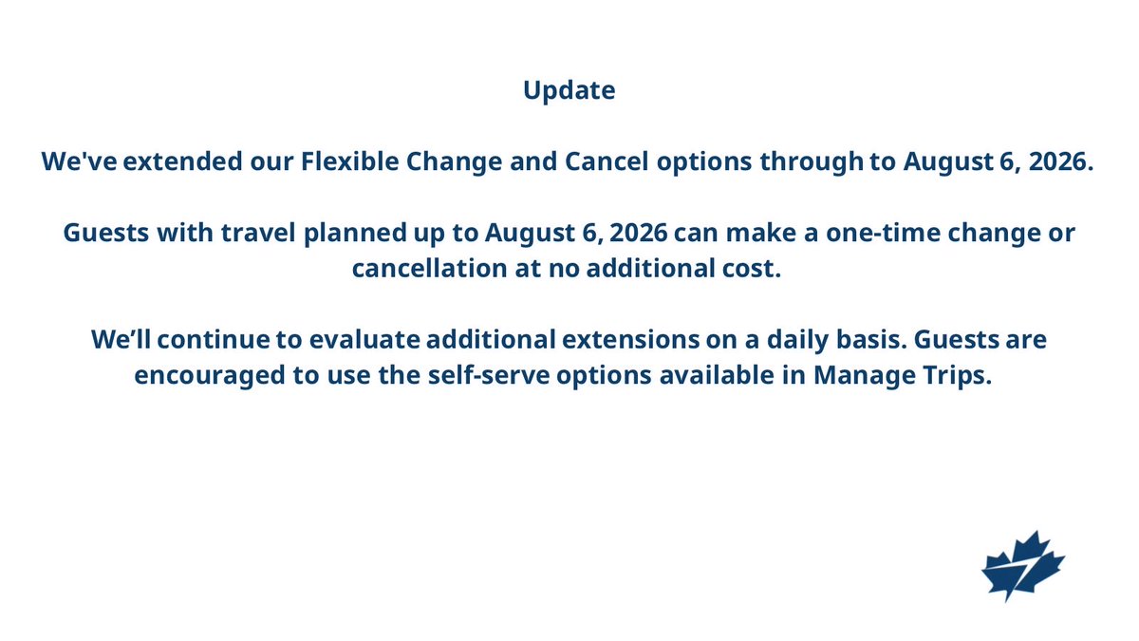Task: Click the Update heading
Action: pyautogui.click(x=569, y=91)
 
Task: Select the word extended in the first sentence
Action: pyautogui.click(x=182, y=161)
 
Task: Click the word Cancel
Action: pyautogui.click(x=607, y=161)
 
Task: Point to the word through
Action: pyautogui.click(x=812, y=162)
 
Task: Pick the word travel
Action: pyautogui.click(x=258, y=233)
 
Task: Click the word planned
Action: pyautogui.click(x=355, y=234)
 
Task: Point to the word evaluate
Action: pyautogui.click(x=364, y=339)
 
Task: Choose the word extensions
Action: pyautogui.click(x=630, y=339)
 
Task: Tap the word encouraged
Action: pyautogui.click(x=210, y=376)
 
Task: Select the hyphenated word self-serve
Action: pyautogui.click(x=489, y=375)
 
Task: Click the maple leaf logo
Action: pyautogui.click(x=1023, y=566)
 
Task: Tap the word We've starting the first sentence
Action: pyautogui.click(x=79, y=161)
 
